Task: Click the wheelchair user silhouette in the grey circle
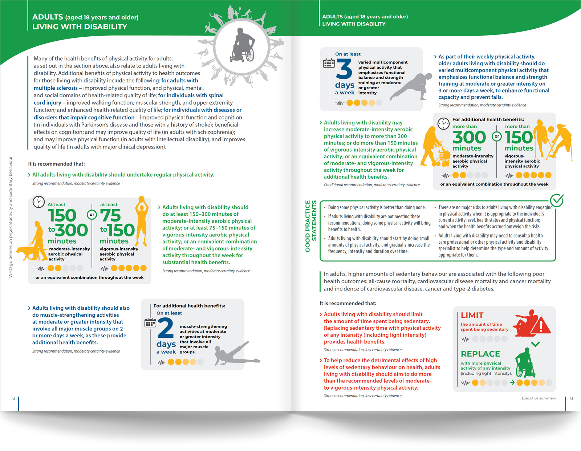[x=243, y=45]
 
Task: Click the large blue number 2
[x=165, y=328]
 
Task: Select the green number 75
[x=110, y=215]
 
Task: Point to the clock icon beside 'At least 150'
[x=38, y=202]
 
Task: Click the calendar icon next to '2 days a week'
[x=150, y=322]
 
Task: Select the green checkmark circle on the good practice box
[x=556, y=200]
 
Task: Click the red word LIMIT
[x=472, y=315]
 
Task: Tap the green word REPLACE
[x=480, y=354]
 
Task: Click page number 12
[x=13, y=398]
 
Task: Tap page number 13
[x=571, y=398]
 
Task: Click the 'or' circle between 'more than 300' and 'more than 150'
[x=496, y=137]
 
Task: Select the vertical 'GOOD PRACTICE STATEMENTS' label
[x=311, y=226]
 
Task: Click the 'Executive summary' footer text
[x=539, y=398]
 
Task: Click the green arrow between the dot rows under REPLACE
[x=512, y=382]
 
